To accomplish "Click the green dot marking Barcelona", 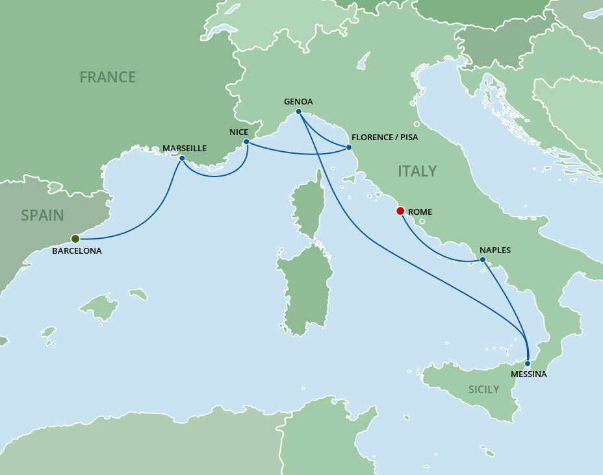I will (x=75, y=238).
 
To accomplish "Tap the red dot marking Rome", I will (x=400, y=211).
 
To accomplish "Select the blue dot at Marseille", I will (x=182, y=158).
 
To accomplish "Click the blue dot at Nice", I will (x=246, y=141).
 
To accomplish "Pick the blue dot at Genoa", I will (x=298, y=112).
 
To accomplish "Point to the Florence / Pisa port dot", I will (x=349, y=147).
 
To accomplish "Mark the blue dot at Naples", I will (x=482, y=260).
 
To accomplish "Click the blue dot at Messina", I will (x=528, y=363).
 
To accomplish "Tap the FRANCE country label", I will (x=108, y=77).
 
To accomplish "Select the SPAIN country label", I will (x=42, y=215).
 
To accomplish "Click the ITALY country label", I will (x=417, y=171).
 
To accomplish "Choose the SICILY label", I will (x=484, y=389).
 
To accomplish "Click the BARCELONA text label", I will (x=77, y=250).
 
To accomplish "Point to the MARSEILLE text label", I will (x=185, y=149).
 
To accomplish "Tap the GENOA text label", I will (x=299, y=102).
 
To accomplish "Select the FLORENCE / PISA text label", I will (x=384, y=138).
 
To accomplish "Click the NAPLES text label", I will (x=495, y=250).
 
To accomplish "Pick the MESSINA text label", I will (x=528, y=374).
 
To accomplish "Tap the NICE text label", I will (x=239, y=132).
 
